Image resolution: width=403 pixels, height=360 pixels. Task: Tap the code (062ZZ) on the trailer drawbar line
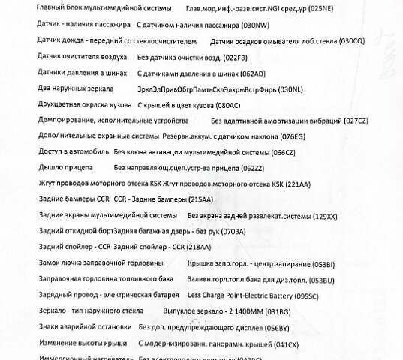coord(254,167)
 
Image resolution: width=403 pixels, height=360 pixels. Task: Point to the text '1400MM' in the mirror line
coord(248,311)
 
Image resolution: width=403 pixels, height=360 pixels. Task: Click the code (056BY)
coord(274,327)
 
